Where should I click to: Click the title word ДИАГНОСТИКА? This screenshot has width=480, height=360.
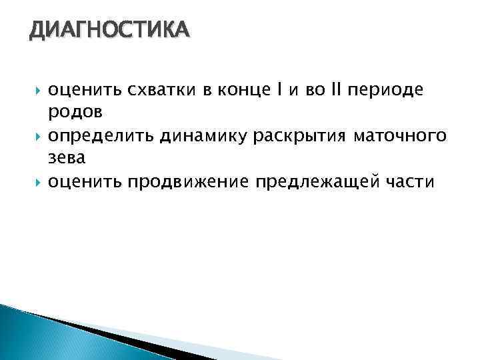(x=109, y=31)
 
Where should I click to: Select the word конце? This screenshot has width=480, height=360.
(x=237, y=89)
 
